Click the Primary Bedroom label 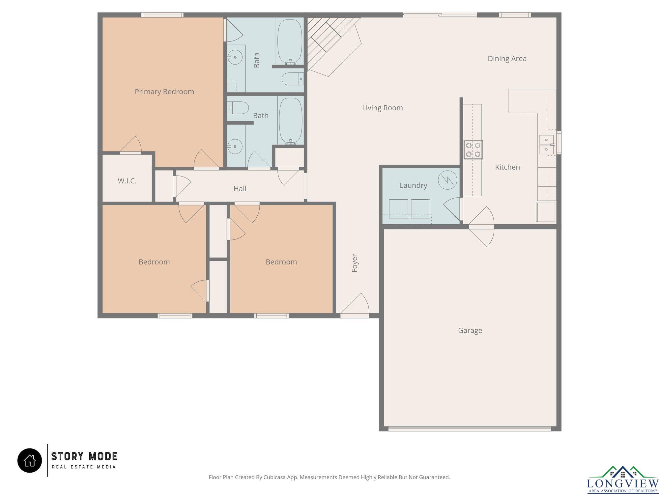pos(164,92)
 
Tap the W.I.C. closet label pos(127,181)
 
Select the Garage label pos(470,330)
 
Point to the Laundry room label pos(413,185)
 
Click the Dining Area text pos(507,59)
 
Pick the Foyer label pos(355,263)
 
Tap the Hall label pos(240,189)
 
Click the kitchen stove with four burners pos(473,150)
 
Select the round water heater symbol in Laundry pos(447,180)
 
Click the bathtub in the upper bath pos(290,41)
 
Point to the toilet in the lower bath pos(238,108)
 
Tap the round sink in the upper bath pos(235,57)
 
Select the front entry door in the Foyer pos(355,305)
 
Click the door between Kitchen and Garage pos(481,227)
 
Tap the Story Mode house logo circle pos(30,460)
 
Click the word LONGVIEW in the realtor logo pos(623,483)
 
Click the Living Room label pos(382,108)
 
